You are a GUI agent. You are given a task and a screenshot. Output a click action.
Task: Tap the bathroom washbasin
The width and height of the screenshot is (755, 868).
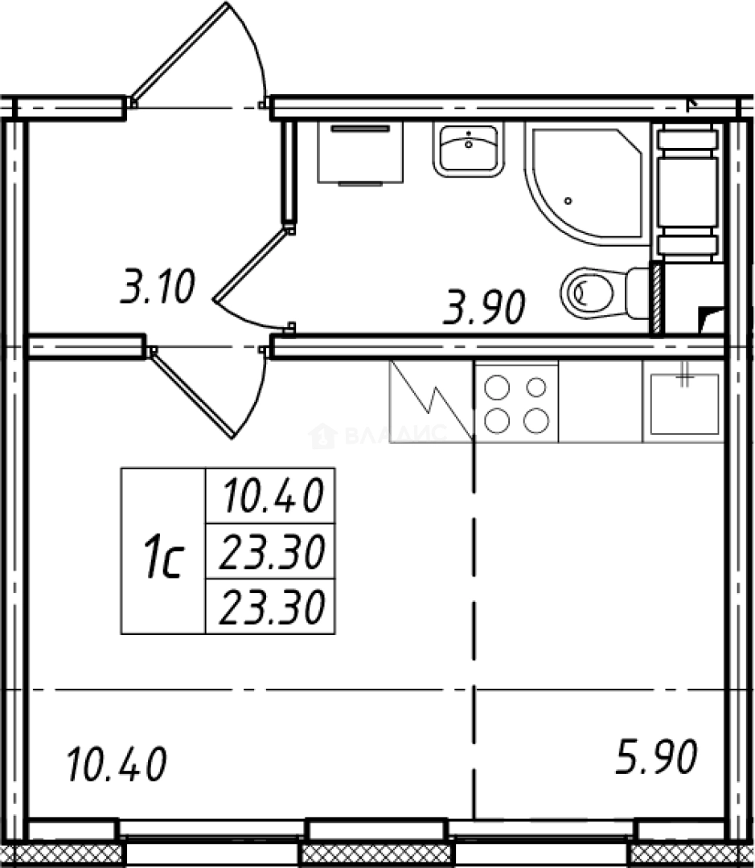click(x=469, y=149)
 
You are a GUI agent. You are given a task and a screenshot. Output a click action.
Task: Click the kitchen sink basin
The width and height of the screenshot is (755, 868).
click(x=684, y=403)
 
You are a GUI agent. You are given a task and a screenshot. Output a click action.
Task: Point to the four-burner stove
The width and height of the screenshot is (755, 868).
click(x=516, y=403)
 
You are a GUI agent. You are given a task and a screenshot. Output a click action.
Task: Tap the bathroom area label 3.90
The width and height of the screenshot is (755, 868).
click(x=484, y=307)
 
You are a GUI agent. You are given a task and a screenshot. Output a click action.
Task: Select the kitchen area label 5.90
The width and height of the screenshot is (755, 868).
click(x=656, y=756)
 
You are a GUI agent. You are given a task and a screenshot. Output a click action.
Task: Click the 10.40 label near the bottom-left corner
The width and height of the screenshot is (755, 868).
click(x=117, y=764)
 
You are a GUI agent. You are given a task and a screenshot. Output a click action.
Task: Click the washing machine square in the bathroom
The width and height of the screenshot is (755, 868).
click(x=360, y=152)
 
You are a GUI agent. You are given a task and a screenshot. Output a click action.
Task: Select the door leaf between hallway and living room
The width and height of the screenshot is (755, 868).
click(x=191, y=394)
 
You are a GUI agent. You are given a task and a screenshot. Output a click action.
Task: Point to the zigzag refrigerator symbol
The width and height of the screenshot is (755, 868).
click(x=432, y=401)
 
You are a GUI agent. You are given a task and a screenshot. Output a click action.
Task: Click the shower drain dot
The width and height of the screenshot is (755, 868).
click(x=568, y=201)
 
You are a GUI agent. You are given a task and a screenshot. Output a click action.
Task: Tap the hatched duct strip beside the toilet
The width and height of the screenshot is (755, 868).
click(x=657, y=299)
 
